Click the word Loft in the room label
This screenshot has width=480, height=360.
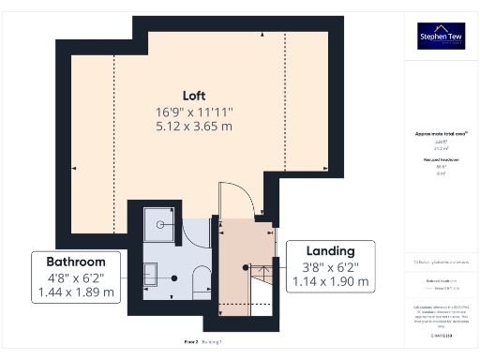point(194,96)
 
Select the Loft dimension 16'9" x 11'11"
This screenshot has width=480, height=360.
point(194,112)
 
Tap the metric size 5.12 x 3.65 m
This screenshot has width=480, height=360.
point(194,127)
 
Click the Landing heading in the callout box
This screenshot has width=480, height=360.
point(329,250)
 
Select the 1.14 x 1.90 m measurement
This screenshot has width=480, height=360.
point(329,280)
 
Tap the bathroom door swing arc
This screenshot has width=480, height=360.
point(197,232)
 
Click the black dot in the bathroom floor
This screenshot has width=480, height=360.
point(175,278)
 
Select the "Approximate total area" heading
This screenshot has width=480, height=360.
point(441,133)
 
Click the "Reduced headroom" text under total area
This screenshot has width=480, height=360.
point(441,160)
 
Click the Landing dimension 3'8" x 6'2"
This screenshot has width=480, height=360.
point(329,266)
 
